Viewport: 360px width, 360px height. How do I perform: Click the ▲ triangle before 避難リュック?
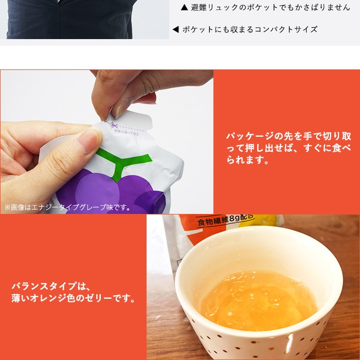point(185,8)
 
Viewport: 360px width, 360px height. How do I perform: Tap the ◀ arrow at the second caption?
point(175,29)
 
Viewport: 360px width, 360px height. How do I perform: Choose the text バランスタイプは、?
point(50,286)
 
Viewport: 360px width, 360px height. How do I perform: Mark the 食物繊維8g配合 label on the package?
point(225,222)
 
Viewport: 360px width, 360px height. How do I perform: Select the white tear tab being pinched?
point(134,119)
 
